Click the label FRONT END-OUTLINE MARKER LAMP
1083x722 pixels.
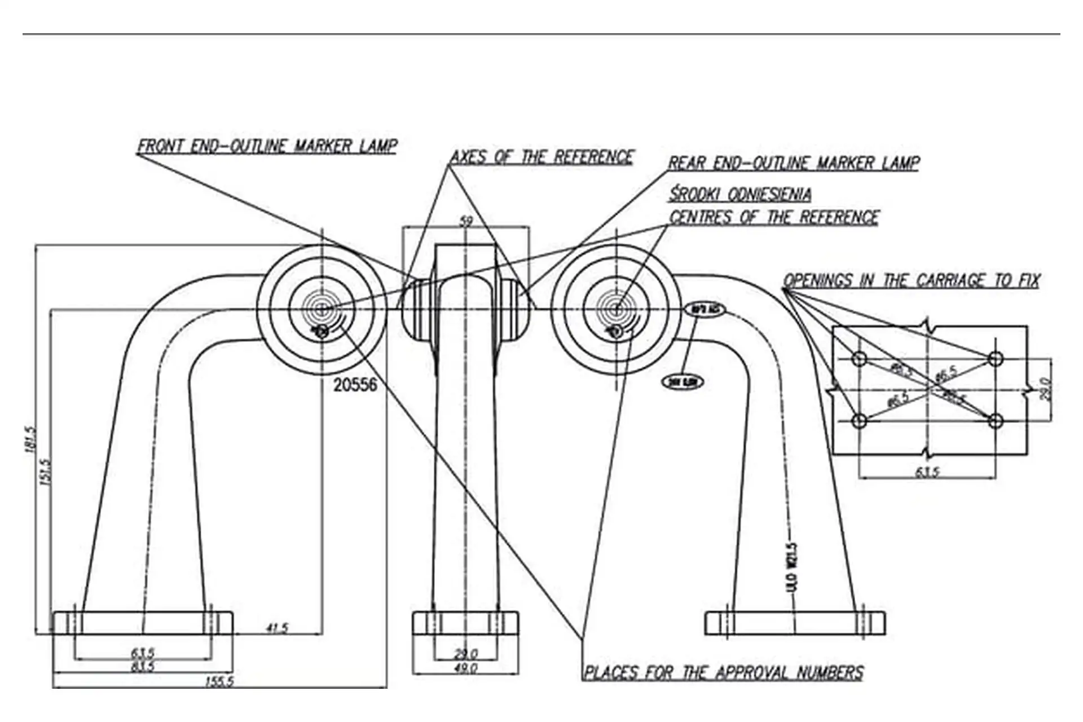[267, 146]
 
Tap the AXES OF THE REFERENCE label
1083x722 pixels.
[541, 157]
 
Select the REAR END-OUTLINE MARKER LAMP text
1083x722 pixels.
[793, 163]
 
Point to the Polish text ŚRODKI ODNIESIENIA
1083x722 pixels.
[740, 194]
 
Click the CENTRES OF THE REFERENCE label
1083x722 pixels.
[774, 217]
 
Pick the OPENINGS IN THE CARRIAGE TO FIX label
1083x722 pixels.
[911, 280]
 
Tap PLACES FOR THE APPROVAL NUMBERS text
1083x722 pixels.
[723, 672]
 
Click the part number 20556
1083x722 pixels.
[355, 385]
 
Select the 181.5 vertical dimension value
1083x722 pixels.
[30, 439]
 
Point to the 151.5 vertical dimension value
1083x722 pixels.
[46, 472]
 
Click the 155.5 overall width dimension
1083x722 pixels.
[219, 681]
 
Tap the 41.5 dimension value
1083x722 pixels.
[277, 628]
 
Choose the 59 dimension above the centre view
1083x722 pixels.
[466, 221]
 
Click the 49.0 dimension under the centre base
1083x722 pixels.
[466, 668]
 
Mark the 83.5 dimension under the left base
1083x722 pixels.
[143, 666]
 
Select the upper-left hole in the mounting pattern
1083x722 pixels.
[859, 359]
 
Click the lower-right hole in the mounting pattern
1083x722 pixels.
[996, 420]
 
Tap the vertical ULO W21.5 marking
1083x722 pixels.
[792, 567]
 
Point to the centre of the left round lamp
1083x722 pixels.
[322, 309]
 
